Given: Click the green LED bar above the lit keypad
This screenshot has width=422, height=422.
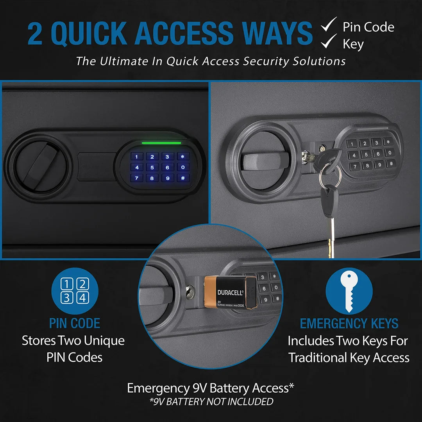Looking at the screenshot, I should (x=161, y=143).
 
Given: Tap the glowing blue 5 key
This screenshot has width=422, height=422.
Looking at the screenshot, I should (x=152, y=168).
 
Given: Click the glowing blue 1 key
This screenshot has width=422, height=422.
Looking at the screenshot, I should (x=137, y=157).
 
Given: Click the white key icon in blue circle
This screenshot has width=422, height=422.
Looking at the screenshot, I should (x=349, y=291).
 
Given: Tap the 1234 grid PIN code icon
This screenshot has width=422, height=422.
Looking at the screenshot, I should (x=75, y=291).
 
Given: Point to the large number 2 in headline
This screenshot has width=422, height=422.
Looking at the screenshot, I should (x=35, y=34).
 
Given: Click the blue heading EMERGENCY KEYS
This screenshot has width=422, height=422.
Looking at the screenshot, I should (x=349, y=324).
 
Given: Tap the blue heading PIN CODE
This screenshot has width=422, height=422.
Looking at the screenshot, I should (x=75, y=324).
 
